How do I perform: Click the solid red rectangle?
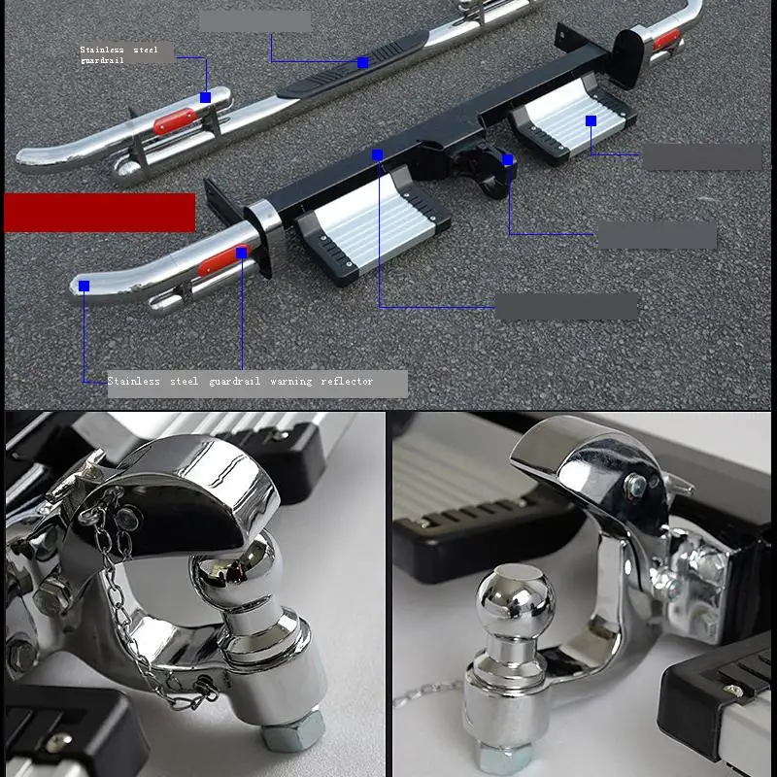pos(99,212)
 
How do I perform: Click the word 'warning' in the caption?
pos(290,382)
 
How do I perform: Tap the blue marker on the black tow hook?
pos(507,159)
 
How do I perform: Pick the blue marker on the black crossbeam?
pos(377,154)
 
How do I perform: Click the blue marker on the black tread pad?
pos(362,62)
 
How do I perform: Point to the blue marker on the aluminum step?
pos(591,120)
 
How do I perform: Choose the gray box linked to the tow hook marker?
pos(656,234)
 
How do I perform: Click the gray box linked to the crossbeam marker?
pos(566,307)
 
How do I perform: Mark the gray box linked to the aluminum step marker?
pos(702,156)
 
